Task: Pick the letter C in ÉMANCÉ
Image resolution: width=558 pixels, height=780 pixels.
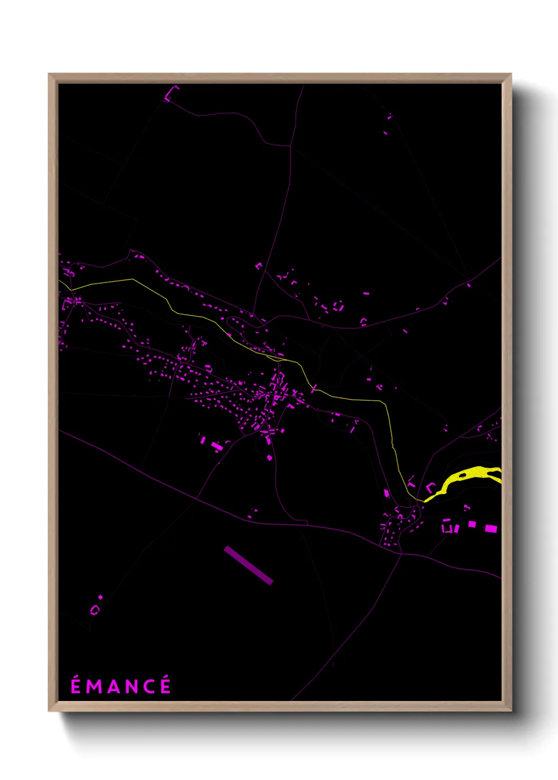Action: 150,686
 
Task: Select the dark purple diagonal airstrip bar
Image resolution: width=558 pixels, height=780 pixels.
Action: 248,565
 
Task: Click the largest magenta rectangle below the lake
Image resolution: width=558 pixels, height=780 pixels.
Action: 490,528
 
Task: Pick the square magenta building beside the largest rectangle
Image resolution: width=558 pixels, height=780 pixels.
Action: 472,524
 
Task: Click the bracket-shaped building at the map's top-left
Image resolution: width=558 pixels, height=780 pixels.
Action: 171,94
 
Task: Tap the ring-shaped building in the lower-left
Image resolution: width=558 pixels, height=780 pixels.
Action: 95,610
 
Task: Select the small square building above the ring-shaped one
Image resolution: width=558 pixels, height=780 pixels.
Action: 101,597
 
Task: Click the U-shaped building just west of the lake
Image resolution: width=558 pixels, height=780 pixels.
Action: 430,487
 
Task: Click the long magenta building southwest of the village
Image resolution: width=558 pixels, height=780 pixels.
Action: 217,446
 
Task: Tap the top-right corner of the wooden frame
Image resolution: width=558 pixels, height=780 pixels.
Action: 511,75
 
